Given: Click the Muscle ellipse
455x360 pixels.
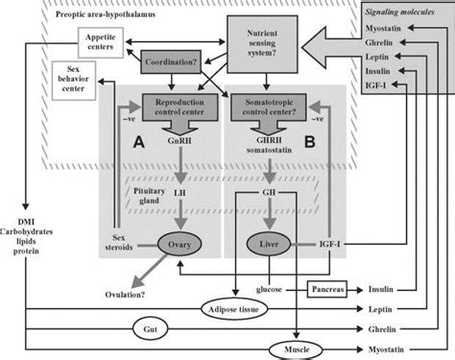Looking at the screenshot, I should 296,348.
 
